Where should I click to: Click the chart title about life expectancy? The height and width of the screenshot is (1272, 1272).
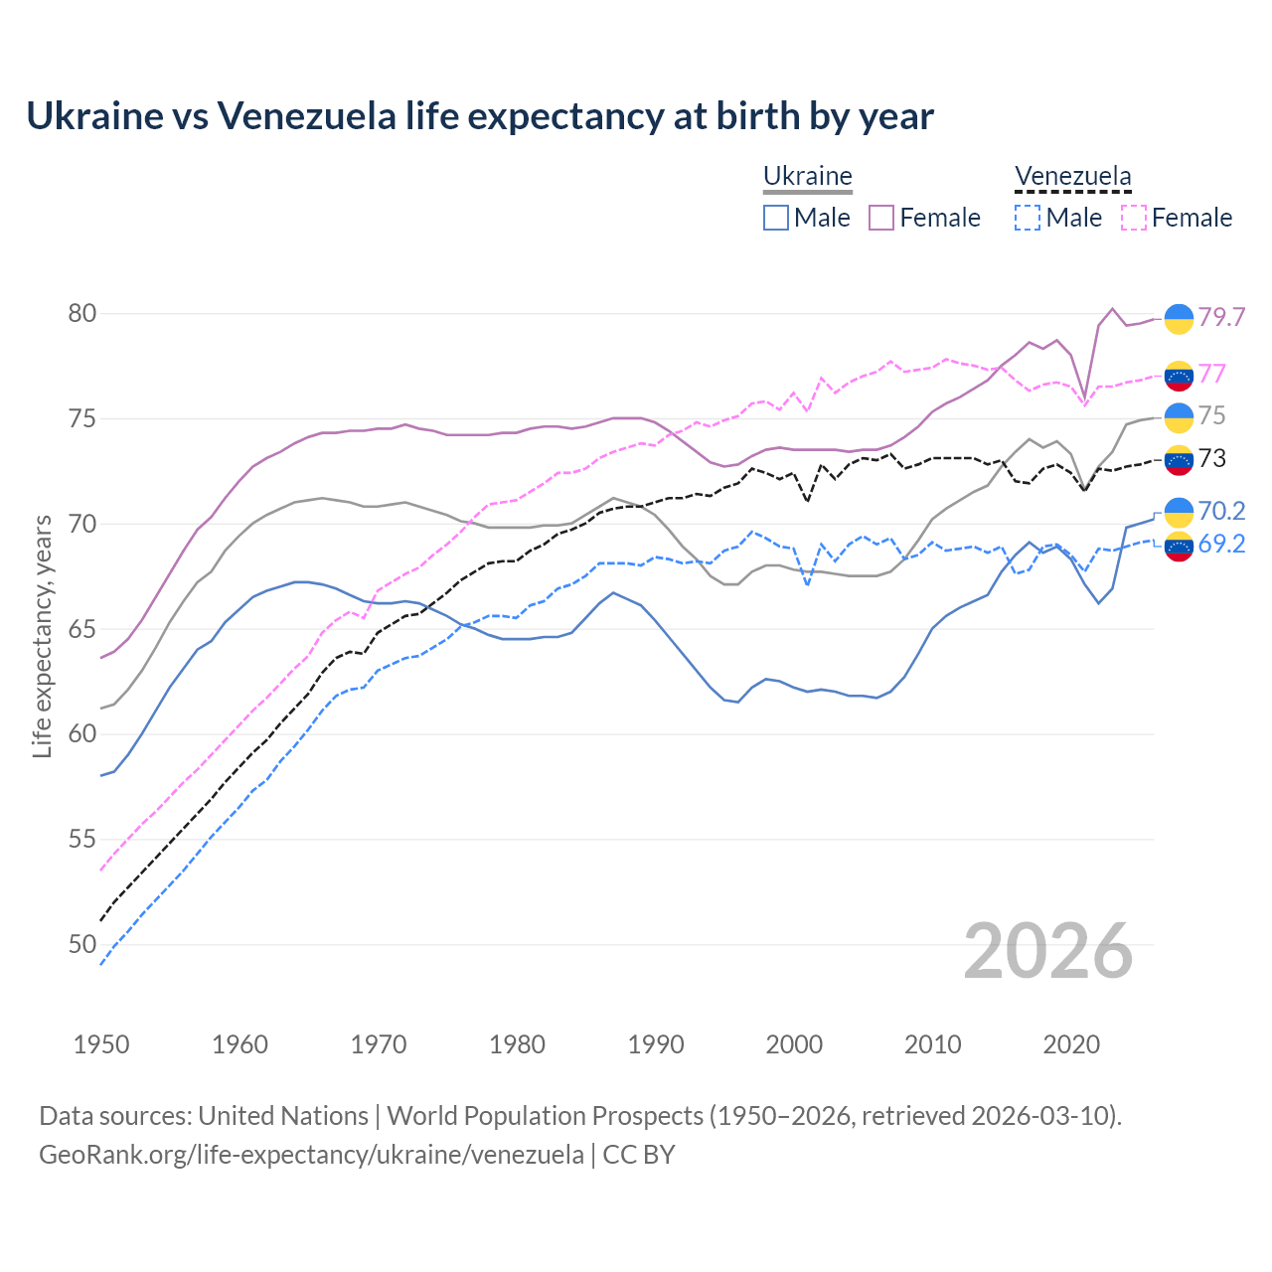[480, 116]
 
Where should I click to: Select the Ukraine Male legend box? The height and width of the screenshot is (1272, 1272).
[776, 218]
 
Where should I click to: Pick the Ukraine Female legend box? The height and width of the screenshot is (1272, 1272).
[881, 218]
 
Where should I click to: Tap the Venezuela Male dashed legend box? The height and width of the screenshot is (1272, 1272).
[1028, 218]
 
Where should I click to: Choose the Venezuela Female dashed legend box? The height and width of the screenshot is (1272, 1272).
[1134, 218]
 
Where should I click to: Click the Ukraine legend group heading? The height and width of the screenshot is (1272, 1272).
[807, 177]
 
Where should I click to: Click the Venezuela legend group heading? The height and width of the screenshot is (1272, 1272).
[1072, 177]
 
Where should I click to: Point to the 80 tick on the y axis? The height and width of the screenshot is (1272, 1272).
[81, 314]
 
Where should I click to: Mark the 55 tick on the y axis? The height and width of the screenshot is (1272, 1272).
[81, 840]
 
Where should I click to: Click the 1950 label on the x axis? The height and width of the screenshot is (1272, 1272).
[101, 1044]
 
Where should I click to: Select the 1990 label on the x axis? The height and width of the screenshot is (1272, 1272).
[656, 1044]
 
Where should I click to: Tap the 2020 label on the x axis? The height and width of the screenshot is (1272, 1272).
[1071, 1044]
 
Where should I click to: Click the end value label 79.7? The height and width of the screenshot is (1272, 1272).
[1221, 317]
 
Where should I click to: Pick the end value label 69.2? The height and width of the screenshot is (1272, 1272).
[1221, 545]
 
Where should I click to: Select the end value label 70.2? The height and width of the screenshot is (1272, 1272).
[1221, 511]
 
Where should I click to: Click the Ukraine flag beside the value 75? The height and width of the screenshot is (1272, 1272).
[1179, 417]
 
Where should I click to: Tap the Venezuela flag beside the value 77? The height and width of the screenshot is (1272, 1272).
[1179, 376]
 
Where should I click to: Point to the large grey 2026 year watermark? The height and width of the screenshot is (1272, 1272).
[1047, 951]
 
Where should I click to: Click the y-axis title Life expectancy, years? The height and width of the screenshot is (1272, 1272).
[43, 636]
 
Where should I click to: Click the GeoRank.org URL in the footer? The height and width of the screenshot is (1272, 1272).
[311, 1155]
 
